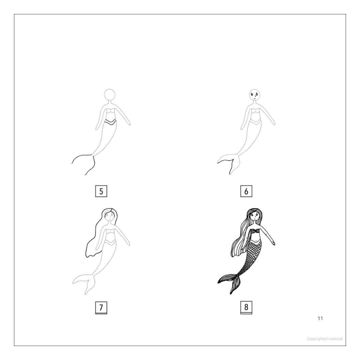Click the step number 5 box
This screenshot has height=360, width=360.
(101, 191)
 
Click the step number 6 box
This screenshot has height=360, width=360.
(246, 191)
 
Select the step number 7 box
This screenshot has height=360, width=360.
(101, 308)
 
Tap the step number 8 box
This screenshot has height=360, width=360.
(246, 308)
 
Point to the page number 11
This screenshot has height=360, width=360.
(320, 318)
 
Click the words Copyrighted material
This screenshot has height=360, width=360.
(324, 339)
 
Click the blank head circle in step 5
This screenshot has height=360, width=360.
(110, 89)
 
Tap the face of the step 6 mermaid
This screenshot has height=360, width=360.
(254, 95)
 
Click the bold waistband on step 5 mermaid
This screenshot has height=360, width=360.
(110, 122)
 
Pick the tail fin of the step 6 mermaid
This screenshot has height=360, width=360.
(228, 163)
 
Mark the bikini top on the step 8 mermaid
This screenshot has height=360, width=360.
(255, 231)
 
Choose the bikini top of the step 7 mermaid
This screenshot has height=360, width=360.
(110, 231)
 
